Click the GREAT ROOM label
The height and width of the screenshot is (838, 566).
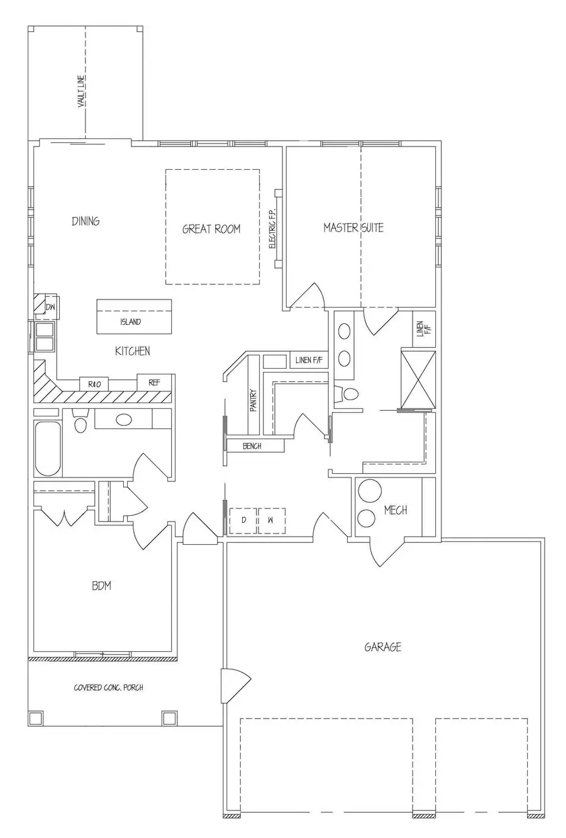pos(211,229)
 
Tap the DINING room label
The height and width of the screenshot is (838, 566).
pos(86,221)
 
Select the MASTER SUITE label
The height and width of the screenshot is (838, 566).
pos(353,227)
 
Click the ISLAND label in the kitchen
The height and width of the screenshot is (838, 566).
pos(131,322)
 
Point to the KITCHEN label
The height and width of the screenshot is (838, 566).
pos(132,350)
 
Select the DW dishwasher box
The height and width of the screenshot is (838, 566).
pos(50,307)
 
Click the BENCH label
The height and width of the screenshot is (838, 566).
pos(252,446)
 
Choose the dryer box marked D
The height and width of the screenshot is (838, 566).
pos(243,520)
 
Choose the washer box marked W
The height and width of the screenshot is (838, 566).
pos(271,520)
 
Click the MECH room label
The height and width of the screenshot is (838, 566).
pos(396,510)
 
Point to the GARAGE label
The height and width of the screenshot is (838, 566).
pos(382,647)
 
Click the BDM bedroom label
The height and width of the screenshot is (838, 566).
pos(101,586)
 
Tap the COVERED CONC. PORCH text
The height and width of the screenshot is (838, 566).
pos(108,687)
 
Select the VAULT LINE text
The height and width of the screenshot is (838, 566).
pos(81,92)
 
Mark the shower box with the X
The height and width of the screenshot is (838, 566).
pos(418,379)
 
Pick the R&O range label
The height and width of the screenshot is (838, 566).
pos(94,384)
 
